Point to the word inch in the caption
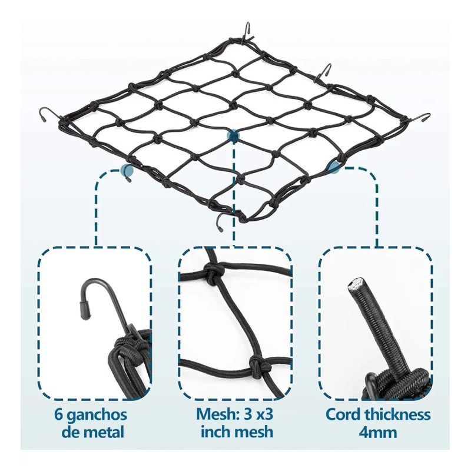(x=217, y=432)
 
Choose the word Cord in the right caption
(x=344, y=414)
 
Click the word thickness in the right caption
(x=398, y=414)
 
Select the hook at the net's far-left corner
(x=48, y=114)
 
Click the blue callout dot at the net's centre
(x=234, y=136)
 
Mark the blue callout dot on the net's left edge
(x=127, y=170)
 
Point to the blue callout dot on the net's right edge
(x=334, y=167)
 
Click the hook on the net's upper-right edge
(x=326, y=71)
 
